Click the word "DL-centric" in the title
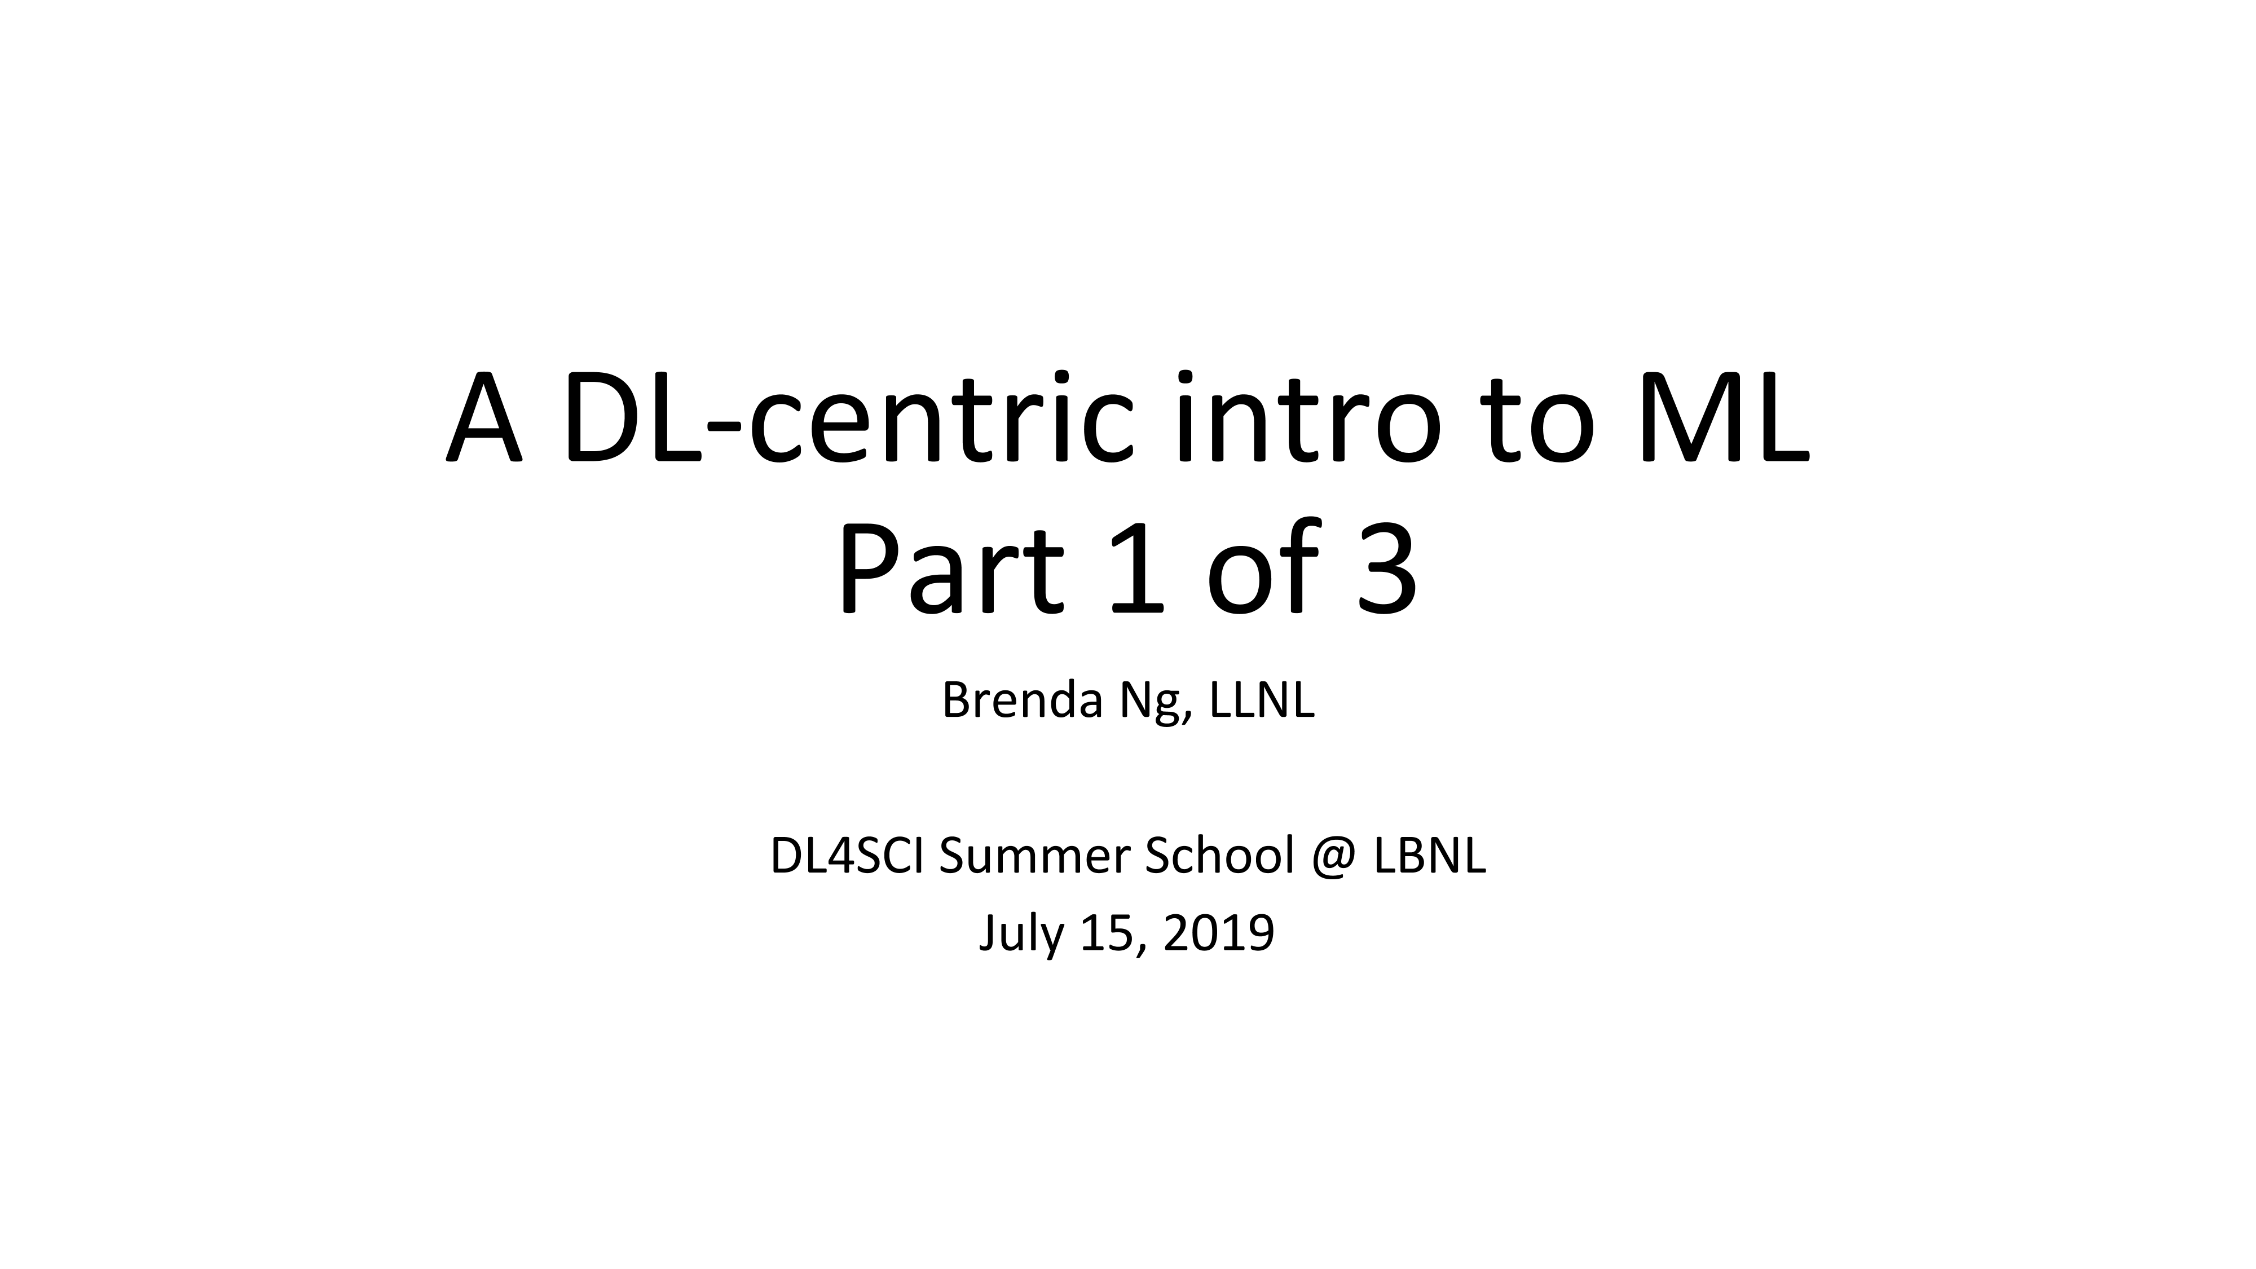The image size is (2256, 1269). click(x=845, y=417)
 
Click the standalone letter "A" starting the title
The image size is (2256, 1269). click(x=484, y=418)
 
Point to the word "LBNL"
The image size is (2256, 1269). click(x=1429, y=857)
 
